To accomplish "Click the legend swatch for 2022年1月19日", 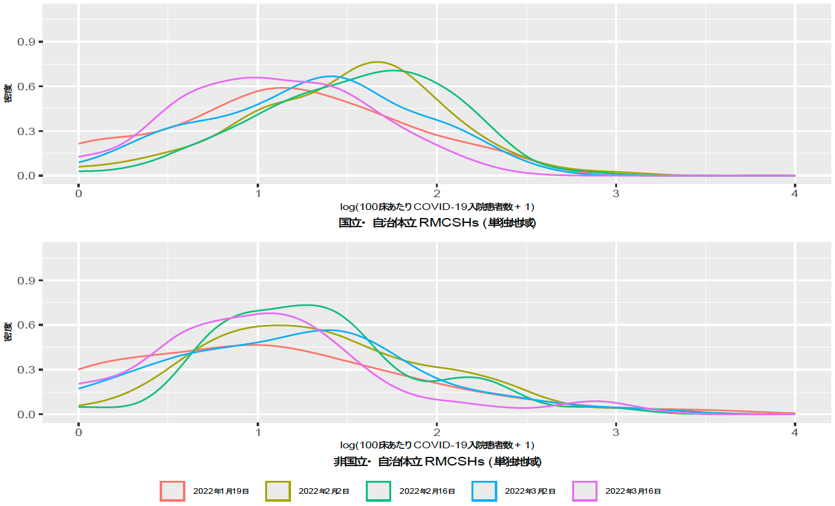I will point(173,491).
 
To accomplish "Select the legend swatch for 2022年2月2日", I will point(278,491).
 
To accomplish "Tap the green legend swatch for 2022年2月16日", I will point(379,491).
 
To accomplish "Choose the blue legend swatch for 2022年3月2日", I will point(484,491).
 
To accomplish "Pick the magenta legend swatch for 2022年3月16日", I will point(584,491).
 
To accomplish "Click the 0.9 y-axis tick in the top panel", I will point(30,42).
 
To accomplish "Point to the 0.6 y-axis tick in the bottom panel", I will point(30,325).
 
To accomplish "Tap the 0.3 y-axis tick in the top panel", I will point(30,131).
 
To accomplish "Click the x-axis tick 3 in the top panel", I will point(616,193).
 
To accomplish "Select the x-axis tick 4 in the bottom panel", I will point(794,432).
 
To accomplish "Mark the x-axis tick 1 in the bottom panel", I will point(258,432).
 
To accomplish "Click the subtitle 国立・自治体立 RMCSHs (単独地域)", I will point(437,223).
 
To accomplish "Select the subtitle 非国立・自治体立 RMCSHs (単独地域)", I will point(437,461).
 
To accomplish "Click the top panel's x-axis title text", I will point(437,206).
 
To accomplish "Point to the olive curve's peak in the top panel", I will point(377,62).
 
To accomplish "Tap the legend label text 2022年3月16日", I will point(633,491).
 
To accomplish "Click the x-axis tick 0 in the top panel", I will point(79,193).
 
